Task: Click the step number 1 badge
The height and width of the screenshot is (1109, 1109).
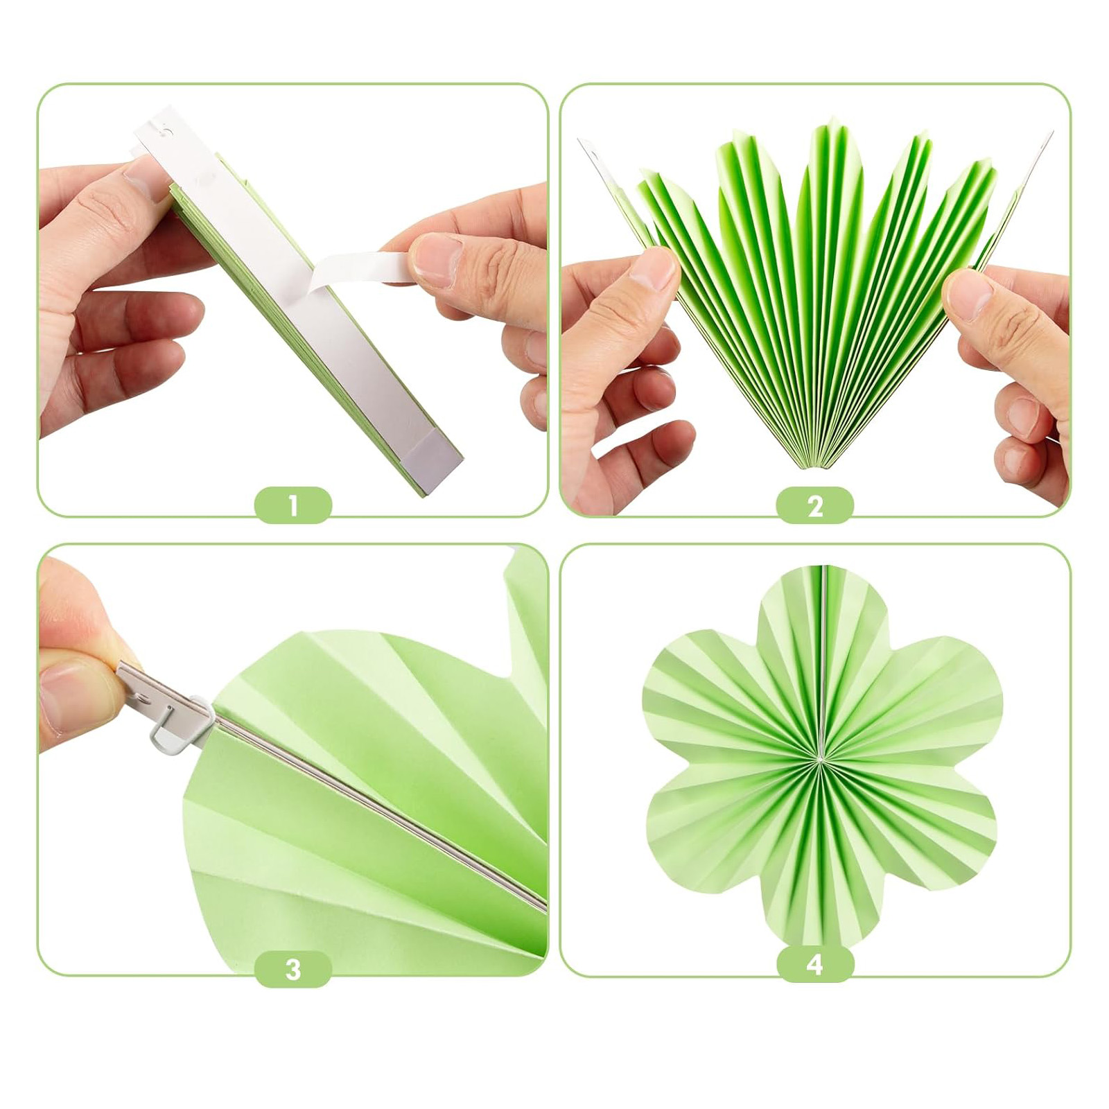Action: coord(293,505)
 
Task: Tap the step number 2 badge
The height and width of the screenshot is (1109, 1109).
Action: coord(815,505)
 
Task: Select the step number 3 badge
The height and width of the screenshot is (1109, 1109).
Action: coord(293,969)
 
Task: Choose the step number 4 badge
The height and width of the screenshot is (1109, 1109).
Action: coord(815,964)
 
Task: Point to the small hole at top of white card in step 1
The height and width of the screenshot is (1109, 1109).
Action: coord(165,128)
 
